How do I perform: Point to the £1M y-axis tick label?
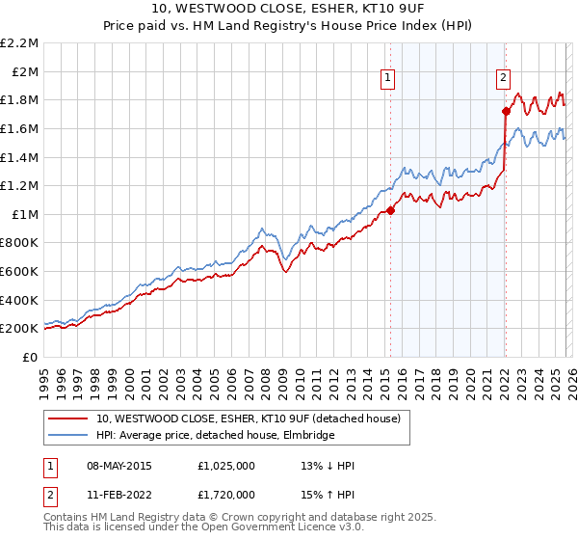click(x=24, y=214)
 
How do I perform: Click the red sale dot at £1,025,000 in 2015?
click(x=391, y=210)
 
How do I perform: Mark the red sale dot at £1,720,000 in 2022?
click(x=506, y=111)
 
